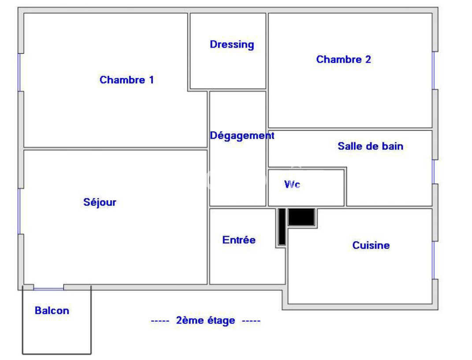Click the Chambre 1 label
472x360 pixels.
[127, 80]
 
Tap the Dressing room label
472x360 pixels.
[232, 45]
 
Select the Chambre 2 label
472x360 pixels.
[343, 59]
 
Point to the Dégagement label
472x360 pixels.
[242, 136]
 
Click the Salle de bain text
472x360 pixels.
[370, 146]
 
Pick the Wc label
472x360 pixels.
[292, 184]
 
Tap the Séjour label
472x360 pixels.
[100, 202]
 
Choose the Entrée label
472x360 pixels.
[239, 240]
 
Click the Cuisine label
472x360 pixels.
[371, 245]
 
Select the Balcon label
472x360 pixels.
[52, 310]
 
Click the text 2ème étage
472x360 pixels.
[205, 320]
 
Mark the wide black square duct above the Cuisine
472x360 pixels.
[301, 217]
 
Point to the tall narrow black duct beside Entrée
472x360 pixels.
[282, 226]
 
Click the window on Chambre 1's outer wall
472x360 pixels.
[19, 72]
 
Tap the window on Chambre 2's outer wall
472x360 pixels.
[434, 71]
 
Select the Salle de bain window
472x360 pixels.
[434, 171]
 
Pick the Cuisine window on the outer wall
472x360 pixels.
[434, 260]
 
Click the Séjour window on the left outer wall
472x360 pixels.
[19, 212]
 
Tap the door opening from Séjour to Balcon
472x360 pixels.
[48, 289]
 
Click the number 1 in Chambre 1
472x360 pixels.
[152, 80]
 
